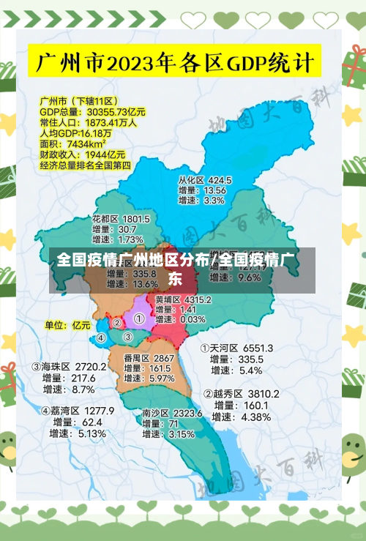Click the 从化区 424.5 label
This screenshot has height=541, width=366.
(x=204, y=179)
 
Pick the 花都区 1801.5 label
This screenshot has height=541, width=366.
(x=121, y=218)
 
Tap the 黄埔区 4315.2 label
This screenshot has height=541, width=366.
(x=183, y=299)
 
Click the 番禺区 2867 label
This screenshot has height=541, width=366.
(x=149, y=358)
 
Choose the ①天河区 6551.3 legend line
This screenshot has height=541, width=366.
(x=236, y=348)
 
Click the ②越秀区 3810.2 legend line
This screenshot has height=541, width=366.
(x=241, y=394)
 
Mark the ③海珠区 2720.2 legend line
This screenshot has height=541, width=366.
(x=69, y=366)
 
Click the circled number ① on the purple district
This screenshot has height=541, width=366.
(x=138, y=318)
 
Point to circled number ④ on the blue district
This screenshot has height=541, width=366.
(x=101, y=337)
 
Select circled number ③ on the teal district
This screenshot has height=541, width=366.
(x=127, y=337)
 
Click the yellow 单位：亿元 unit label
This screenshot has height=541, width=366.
(x=67, y=324)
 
